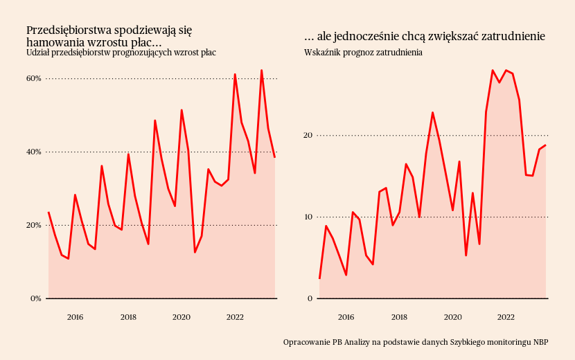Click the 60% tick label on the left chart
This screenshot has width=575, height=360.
tap(34, 78)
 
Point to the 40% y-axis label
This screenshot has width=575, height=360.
tap(34, 152)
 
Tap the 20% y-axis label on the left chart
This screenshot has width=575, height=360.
tap(34, 225)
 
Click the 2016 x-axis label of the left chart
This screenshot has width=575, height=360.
tap(75, 317)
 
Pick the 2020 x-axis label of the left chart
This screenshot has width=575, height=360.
tap(182, 317)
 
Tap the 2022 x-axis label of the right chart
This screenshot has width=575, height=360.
tap(506, 317)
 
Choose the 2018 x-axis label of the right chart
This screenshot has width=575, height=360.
tap(399, 317)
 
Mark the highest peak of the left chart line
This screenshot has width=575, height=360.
tap(261, 70)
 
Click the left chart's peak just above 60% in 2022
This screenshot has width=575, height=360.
tap(235, 74)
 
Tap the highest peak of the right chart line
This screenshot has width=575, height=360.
tap(493, 70)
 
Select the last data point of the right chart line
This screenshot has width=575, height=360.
tap(546, 145)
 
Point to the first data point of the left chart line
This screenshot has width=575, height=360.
tap(48, 213)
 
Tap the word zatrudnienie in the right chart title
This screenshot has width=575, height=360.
tap(512, 37)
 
